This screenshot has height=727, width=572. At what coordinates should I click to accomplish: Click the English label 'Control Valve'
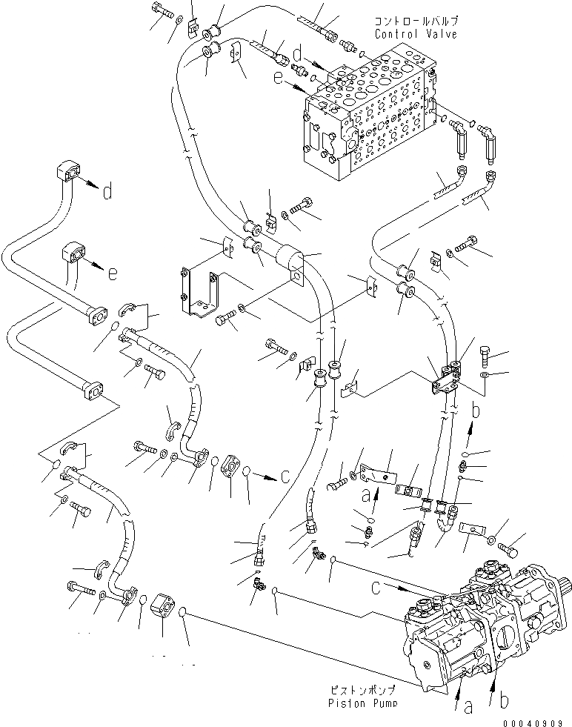[416, 34]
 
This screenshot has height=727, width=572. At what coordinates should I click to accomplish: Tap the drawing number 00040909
[533, 723]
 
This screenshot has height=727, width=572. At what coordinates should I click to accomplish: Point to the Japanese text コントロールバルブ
[416, 21]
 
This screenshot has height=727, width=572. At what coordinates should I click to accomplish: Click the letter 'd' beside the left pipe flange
[107, 190]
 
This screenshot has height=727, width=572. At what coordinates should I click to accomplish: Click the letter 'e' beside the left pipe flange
[112, 273]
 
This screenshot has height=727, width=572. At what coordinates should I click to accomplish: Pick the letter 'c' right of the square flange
[285, 476]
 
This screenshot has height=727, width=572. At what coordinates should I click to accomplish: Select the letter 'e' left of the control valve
[290, 78]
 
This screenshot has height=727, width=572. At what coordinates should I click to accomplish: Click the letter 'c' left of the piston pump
[376, 588]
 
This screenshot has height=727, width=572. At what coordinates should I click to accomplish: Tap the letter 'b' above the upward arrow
[475, 411]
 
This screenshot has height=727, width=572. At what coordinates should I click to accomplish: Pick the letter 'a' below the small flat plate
[366, 496]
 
